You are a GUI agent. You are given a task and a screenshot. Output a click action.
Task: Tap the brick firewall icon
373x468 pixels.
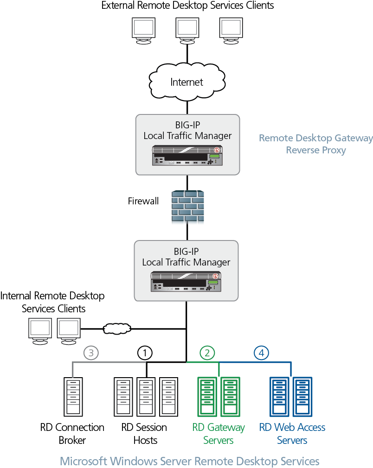pyautogui.click(x=186, y=208)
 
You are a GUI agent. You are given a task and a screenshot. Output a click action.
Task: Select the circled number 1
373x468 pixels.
pyautogui.click(x=145, y=353)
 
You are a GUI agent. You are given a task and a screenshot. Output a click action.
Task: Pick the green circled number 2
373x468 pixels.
pyautogui.click(x=207, y=353)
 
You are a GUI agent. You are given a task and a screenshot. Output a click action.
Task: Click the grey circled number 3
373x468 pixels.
pyautogui.click(x=91, y=353)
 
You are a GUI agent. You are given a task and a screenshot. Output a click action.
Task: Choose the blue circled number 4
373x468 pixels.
pyautogui.click(x=262, y=353)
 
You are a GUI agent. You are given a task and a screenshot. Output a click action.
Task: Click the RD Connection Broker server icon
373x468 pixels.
pyautogui.click(x=73, y=396)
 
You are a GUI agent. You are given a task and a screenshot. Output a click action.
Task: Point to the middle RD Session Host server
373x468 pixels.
pyautogui.click(x=146, y=396)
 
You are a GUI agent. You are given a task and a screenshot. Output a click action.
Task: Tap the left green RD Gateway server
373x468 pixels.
pyautogui.click(x=207, y=396)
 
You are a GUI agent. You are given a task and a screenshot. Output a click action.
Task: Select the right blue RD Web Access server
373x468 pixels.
pyautogui.click(x=302, y=396)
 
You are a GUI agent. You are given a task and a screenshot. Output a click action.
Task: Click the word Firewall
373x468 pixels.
pyautogui.click(x=143, y=201)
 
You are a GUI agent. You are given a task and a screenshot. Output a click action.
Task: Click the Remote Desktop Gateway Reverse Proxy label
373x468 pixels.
pyautogui.click(x=315, y=144)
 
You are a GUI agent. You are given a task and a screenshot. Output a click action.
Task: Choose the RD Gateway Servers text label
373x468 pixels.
pyautogui.click(x=218, y=433)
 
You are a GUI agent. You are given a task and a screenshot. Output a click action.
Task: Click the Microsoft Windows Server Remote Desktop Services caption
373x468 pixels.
pyautogui.click(x=189, y=461)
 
